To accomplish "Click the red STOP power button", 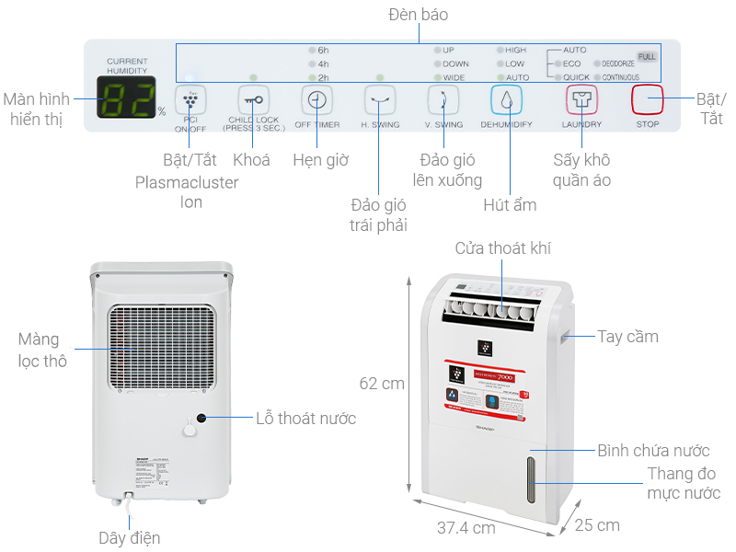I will point(648,99).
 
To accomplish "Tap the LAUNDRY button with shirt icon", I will point(581,99).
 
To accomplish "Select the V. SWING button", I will point(443,99).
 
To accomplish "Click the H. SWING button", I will point(379,99).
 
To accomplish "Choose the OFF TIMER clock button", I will point(316,99).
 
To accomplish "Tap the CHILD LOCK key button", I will point(253,99).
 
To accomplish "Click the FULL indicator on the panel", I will point(647,57).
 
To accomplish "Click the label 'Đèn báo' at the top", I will point(419,16).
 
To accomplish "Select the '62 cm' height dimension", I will point(382,383).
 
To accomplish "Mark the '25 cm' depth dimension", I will point(597,525).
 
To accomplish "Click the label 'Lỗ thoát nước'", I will point(305,419).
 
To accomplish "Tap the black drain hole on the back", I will point(200,418).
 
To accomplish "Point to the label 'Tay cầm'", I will point(627,337).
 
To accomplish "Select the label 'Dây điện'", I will point(130,538).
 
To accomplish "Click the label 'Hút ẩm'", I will point(510,205).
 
